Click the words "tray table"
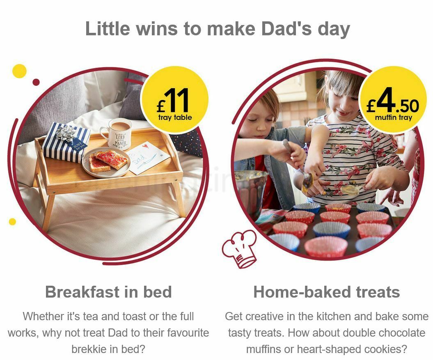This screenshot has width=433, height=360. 175,118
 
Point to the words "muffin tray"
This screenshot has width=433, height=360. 393,118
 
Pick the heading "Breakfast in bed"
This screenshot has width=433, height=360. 108,292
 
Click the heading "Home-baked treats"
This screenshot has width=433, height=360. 326,292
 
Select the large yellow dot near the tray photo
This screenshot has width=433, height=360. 19,71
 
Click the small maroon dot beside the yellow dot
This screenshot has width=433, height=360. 36,82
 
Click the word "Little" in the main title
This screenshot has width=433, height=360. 108,29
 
